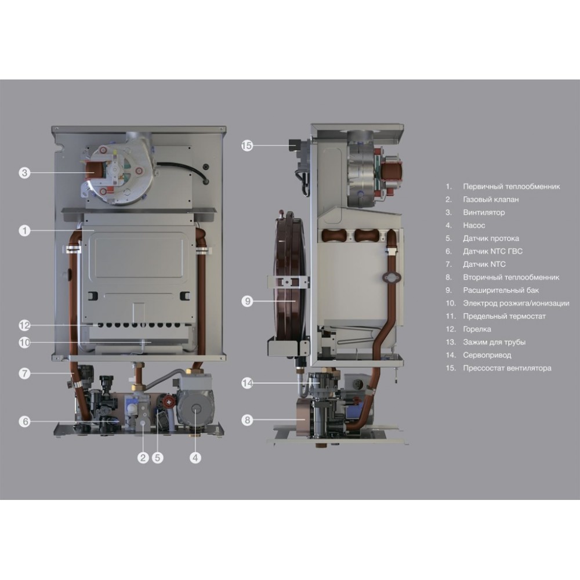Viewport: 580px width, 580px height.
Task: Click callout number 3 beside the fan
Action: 24,173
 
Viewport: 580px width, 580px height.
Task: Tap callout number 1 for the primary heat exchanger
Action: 24,231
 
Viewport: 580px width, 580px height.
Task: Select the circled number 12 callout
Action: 24,325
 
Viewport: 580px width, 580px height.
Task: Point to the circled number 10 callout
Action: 24,343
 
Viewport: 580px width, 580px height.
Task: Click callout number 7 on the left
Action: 24,373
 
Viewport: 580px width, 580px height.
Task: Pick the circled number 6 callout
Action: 24,421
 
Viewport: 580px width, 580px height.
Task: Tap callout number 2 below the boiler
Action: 143,458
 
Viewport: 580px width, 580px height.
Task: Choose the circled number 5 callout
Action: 158,458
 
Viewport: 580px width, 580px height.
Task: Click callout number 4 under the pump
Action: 195,458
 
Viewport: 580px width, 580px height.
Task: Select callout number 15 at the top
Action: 246,146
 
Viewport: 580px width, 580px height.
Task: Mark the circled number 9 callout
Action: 246,301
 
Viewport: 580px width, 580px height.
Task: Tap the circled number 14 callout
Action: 246,383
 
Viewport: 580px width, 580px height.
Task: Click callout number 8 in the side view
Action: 246,420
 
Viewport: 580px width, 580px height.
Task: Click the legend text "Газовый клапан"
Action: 491,200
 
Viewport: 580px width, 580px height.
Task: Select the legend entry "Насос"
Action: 474,226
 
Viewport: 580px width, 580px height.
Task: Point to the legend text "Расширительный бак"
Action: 501,291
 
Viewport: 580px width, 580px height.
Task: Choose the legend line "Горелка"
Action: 477,329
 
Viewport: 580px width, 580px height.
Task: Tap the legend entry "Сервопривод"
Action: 487,355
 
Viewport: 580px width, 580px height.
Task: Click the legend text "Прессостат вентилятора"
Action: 507,368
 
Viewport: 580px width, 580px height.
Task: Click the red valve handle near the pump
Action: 169,400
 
